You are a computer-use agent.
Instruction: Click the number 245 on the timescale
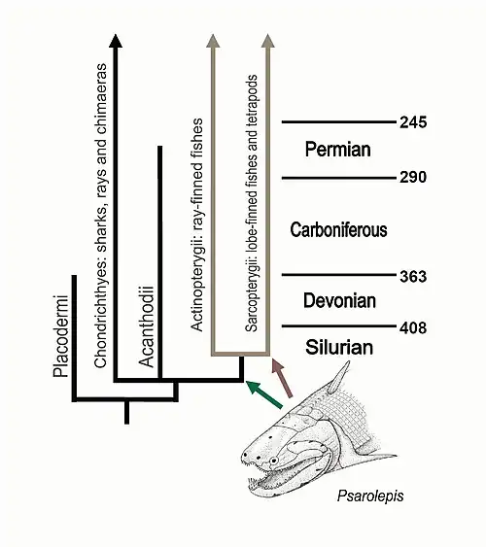[x=413, y=122]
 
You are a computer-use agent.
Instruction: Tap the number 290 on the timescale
[x=413, y=177]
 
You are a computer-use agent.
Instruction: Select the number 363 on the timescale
[x=413, y=276]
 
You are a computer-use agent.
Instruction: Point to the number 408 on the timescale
[x=413, y=328]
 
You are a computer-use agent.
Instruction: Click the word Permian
[x=337, y=150]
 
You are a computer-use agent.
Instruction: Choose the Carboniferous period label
[x=338, y=230]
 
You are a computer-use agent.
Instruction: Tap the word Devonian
[x=339, y=301]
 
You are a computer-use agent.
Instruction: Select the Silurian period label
[x=339, y=348]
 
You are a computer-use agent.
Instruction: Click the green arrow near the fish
[x=263, y=394]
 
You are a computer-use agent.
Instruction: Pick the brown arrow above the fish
[x=282, y=377]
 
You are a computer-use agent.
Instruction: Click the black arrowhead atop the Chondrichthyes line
[x=116, y=41]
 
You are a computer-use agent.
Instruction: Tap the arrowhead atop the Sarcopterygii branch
[x=267, y=41]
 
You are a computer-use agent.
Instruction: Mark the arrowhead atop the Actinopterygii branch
[x=213, y=41]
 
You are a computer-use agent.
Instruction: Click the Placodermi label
[x=61, y=336]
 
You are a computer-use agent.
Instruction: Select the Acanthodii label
[x=147, y=326]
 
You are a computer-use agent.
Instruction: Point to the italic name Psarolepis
[x=370, y=496]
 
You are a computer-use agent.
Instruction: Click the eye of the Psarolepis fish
[x=273, y=461]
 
